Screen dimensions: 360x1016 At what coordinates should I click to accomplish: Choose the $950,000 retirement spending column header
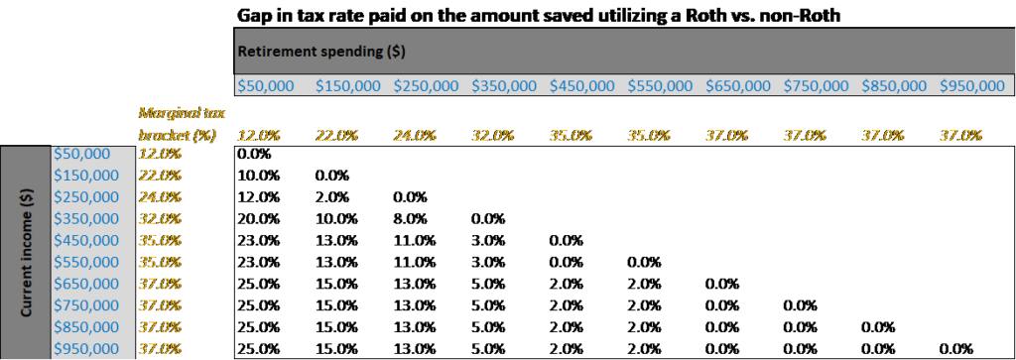click(x=972, y=86)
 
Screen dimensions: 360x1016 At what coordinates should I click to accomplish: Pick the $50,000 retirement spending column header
click(x=270, y=86)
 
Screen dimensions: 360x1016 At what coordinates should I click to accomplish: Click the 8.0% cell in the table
click(x=412, y=218)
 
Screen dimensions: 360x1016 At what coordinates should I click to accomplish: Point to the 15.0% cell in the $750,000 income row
click(x=332, y=305)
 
